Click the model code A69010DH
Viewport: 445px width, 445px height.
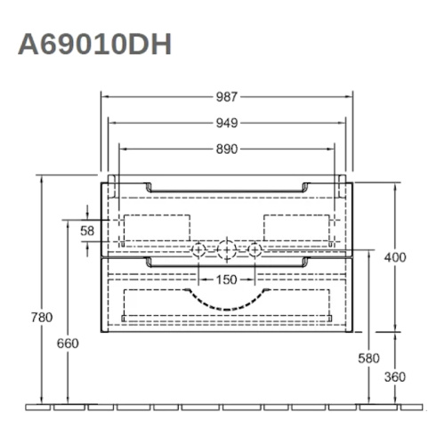(94, 44)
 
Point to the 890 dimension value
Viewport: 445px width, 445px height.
(227, 149)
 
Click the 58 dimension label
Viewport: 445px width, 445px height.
(86, 231)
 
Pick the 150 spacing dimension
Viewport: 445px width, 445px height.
(227, 279)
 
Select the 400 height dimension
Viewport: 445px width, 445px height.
(395, 257)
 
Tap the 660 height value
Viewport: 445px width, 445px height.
(69, 344)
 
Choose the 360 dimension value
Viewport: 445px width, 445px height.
(395, 376)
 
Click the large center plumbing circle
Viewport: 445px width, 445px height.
(227, 251)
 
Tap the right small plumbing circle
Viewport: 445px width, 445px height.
(255, 251)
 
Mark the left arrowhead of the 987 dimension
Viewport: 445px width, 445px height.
(104, 96)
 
